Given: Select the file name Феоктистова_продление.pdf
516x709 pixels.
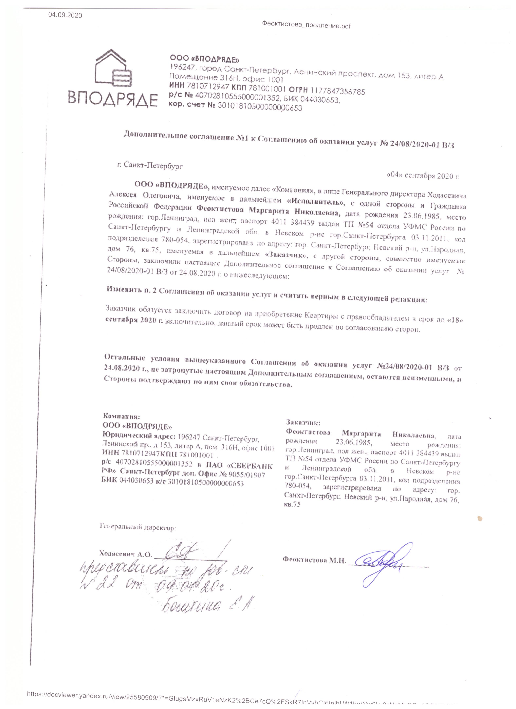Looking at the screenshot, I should click(x=306, y=26).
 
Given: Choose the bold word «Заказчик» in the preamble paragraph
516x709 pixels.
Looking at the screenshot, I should click(x=286, y=255).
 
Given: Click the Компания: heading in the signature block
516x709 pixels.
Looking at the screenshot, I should click(x=121, y=416).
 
